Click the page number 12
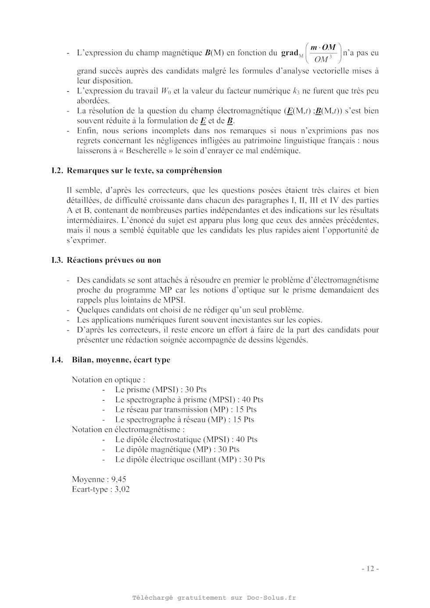pyautogui.click(x=370, y=569)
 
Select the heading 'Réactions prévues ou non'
pyautogui.click(x=114, y=260)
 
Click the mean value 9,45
pyautogui.click(x=118, y=479)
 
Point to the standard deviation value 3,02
pyautogui.click(x=122, y=490)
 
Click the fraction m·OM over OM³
pyautogui.click(x=323, y=53)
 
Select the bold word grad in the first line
pyautogui.click(x=290, y=53)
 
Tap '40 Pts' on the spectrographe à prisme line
pyautogui.click(x=252, y=400)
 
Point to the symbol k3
pyautogui.click(x=296, y=91)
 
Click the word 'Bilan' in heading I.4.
pyautogui.click(x=82, y=360)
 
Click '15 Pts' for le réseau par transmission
pyautogui.click(x=246, y=410)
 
